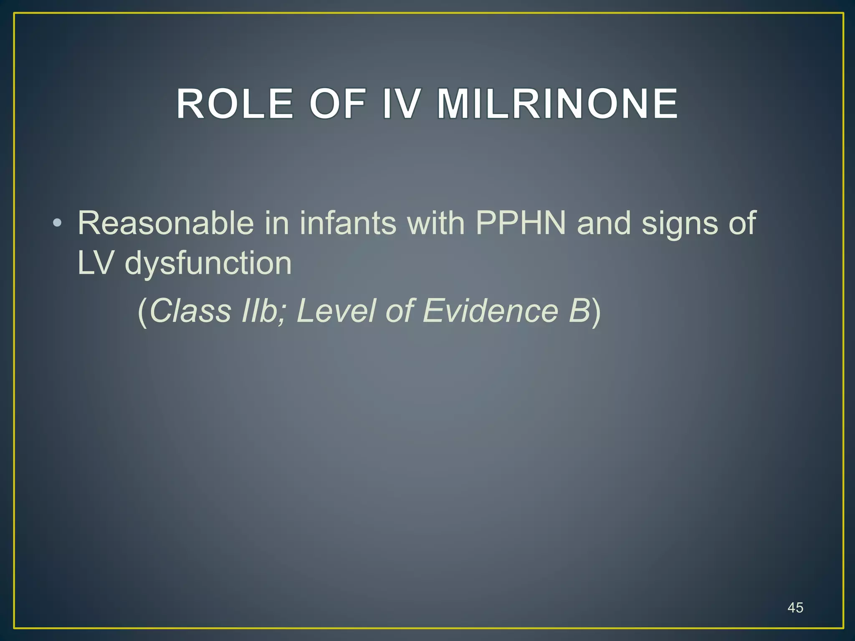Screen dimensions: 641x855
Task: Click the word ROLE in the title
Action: pyautogui.click(x=234, y=104)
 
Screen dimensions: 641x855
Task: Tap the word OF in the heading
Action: pyautogui.click(x=337, y=104)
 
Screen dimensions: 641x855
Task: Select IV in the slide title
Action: pyautogui.click(x=400, y=104)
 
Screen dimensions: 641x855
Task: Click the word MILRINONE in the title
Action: pyautogui.click(x=557, y=104)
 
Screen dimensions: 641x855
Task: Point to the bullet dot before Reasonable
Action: pyautogui.click(x=57, y=223)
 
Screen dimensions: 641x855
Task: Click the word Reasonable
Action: pyautogui.click(x=166, y=223)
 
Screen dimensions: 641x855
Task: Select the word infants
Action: pyautogui.click(x=348, y=223)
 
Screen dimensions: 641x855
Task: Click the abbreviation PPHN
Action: pyautogui.click(x=521, y=223)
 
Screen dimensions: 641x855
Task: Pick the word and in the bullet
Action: pyautogui.click(x=604, y=223)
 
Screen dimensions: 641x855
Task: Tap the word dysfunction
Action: pyautogui.click(x=208, y=264)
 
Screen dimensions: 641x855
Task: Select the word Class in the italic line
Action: pyautogui.click(x=190, y=311)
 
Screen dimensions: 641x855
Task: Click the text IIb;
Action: pyautogui.click(x=264, y=311)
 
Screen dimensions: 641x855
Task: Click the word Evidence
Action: pyautogui.click(x=491, y=311)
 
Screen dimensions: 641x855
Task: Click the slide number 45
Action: pyautogui.click(x=795, y=608)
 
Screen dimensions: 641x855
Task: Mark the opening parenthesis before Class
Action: pyautogui.click(x=142, y=312)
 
